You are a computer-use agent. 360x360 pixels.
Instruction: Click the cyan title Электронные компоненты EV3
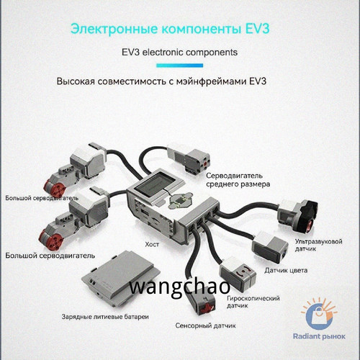(170, 29)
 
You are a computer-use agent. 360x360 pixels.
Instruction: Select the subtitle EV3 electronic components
(179, 52)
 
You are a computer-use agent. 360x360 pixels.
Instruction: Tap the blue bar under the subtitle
(179, 66)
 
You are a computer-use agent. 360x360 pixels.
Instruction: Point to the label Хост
(152, 245)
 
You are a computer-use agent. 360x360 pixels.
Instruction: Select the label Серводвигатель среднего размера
(238, 180)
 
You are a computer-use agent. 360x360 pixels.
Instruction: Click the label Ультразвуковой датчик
(318, 245)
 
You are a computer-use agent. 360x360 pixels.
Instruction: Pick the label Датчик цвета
(286, 271)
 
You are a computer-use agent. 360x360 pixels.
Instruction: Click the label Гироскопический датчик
(253, 302)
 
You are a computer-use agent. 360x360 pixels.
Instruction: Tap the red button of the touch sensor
(206, 308)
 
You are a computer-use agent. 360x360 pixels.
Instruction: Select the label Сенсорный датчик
(205, 325)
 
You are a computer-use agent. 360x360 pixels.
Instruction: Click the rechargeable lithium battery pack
(121, 279)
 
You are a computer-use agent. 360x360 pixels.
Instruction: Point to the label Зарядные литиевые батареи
(105, 317)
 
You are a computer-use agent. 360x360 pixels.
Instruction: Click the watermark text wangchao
(180, 287)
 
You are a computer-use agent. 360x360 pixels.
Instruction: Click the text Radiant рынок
(319, 336)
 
